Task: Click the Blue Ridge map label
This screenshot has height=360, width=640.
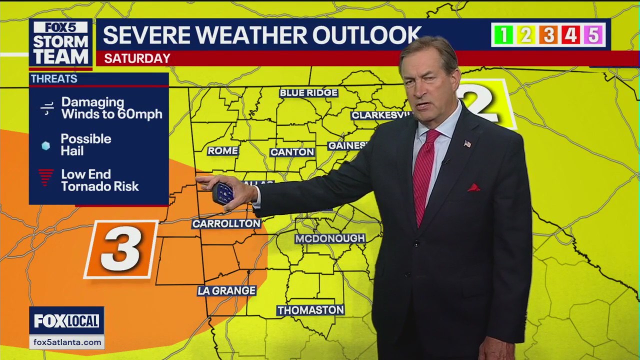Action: point(308,93)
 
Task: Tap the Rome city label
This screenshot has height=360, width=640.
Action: point(223,150)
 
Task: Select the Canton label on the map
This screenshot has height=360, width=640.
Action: point(292,152)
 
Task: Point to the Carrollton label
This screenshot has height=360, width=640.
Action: point(226,224)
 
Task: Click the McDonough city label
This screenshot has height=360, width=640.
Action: point(330,238)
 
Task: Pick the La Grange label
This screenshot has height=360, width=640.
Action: point(226,290)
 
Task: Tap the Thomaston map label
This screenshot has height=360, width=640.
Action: point(310,310)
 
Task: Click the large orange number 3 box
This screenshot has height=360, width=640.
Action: point(121,249)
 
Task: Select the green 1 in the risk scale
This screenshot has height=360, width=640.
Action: point(503,35)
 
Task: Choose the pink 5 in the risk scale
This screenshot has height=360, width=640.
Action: point(593,35)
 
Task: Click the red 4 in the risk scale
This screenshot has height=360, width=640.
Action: point(571,35)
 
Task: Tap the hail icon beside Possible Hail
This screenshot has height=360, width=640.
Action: point(46,145)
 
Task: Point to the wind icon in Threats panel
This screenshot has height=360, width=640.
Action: point(47,108)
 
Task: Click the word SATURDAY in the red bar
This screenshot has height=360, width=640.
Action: point(137,58)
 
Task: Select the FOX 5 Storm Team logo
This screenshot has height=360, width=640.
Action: point(60,43)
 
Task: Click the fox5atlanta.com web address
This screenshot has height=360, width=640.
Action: point(66,342)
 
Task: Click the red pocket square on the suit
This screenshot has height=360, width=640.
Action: point(473,188)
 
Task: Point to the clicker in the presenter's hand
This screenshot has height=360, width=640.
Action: point(223,192)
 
